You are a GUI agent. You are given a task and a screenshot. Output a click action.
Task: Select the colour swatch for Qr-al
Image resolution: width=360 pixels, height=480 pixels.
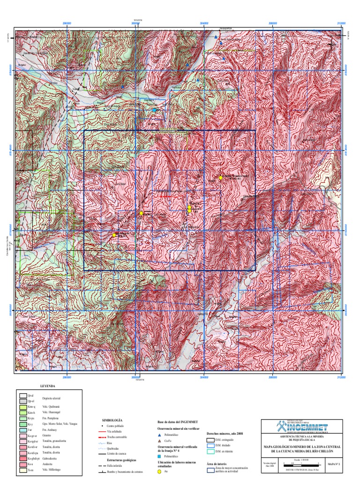click(22, 396)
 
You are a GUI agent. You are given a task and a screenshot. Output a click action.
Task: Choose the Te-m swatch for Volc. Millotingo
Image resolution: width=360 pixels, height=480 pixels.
click(22, 470)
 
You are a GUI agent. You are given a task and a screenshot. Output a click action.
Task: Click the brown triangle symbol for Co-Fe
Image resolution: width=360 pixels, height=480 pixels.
click(159, 441)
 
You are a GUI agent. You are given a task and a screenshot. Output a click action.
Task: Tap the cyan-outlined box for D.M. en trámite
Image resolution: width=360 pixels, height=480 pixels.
click(210, 451)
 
